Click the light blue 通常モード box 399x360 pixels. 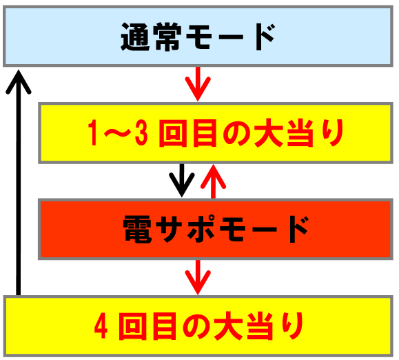pyautogui.click(x=198, y=36)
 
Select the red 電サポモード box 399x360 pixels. pyautogui.click(x=216, y=229)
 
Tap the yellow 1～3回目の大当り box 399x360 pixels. pyautogui.click(x=216, y=133)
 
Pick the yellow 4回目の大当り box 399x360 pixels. pyautogui.click(x=198, y=326)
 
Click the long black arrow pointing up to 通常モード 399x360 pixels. pyautogui.click(x=18, y=183)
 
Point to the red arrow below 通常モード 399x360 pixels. pyautogui.click(x=198, y=84)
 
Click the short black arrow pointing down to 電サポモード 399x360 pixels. pyautogui.click(x=182, y=180)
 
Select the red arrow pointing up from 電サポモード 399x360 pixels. pyautogui.click(x=213, y=181)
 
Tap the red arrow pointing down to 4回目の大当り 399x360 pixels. pyautogui.click(x=198, y=277)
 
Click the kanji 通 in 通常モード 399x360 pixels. pyautogui.click(x=135, y=37)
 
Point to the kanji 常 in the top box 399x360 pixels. pyautogui.click(x=169, y=37)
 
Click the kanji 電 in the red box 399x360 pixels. pyautogui.click(x=137, y=229)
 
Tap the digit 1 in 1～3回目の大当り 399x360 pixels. pyautogui.click(x=93, y=133)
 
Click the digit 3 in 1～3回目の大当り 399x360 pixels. pyautogui.click(x=141, y=133)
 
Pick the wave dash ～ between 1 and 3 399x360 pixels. pyautogui.click(x=116, y=133)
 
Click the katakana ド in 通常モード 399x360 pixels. pyautogui.click(x=265, y=37)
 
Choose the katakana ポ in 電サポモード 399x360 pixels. pyautogui.click(x=201, y=229)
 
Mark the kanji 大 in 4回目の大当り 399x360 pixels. pyautogui.click(x=228, y=326)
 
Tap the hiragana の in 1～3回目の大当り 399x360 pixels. pyautogui.click(x=236, y=133)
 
